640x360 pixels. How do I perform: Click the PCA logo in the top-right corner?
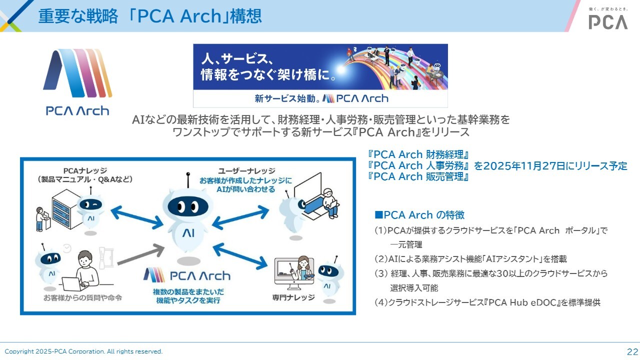(607, 21)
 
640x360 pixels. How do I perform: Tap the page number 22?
(632, 351)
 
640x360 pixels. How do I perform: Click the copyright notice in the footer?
(83, 351)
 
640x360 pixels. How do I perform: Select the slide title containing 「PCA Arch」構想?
(150, 16)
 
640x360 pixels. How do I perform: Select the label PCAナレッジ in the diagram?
(85, 170)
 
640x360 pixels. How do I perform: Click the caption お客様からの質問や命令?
(82, 298)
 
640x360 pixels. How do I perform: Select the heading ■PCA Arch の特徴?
(419, 215)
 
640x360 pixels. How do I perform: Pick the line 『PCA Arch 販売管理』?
(417, 176)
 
